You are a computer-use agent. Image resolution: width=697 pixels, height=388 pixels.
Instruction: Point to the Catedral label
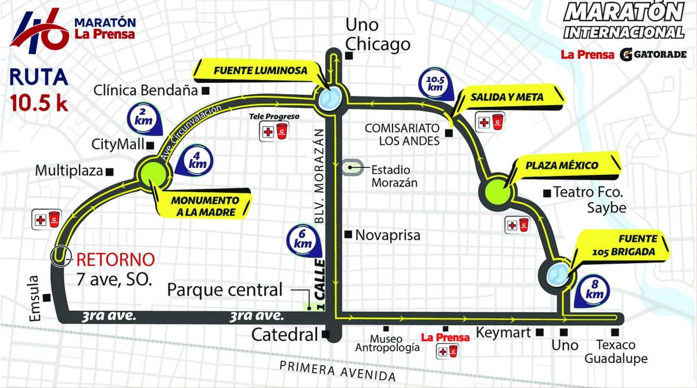coord(285,335)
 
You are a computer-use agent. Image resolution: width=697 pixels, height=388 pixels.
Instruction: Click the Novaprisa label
coord(387,235)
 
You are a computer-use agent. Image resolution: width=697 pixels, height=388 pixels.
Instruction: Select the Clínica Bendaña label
coord(146,91)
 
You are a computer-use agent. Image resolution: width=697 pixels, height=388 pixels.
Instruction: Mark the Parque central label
coord(225,289)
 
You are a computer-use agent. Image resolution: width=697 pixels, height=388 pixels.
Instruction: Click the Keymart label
coord(504,333)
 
